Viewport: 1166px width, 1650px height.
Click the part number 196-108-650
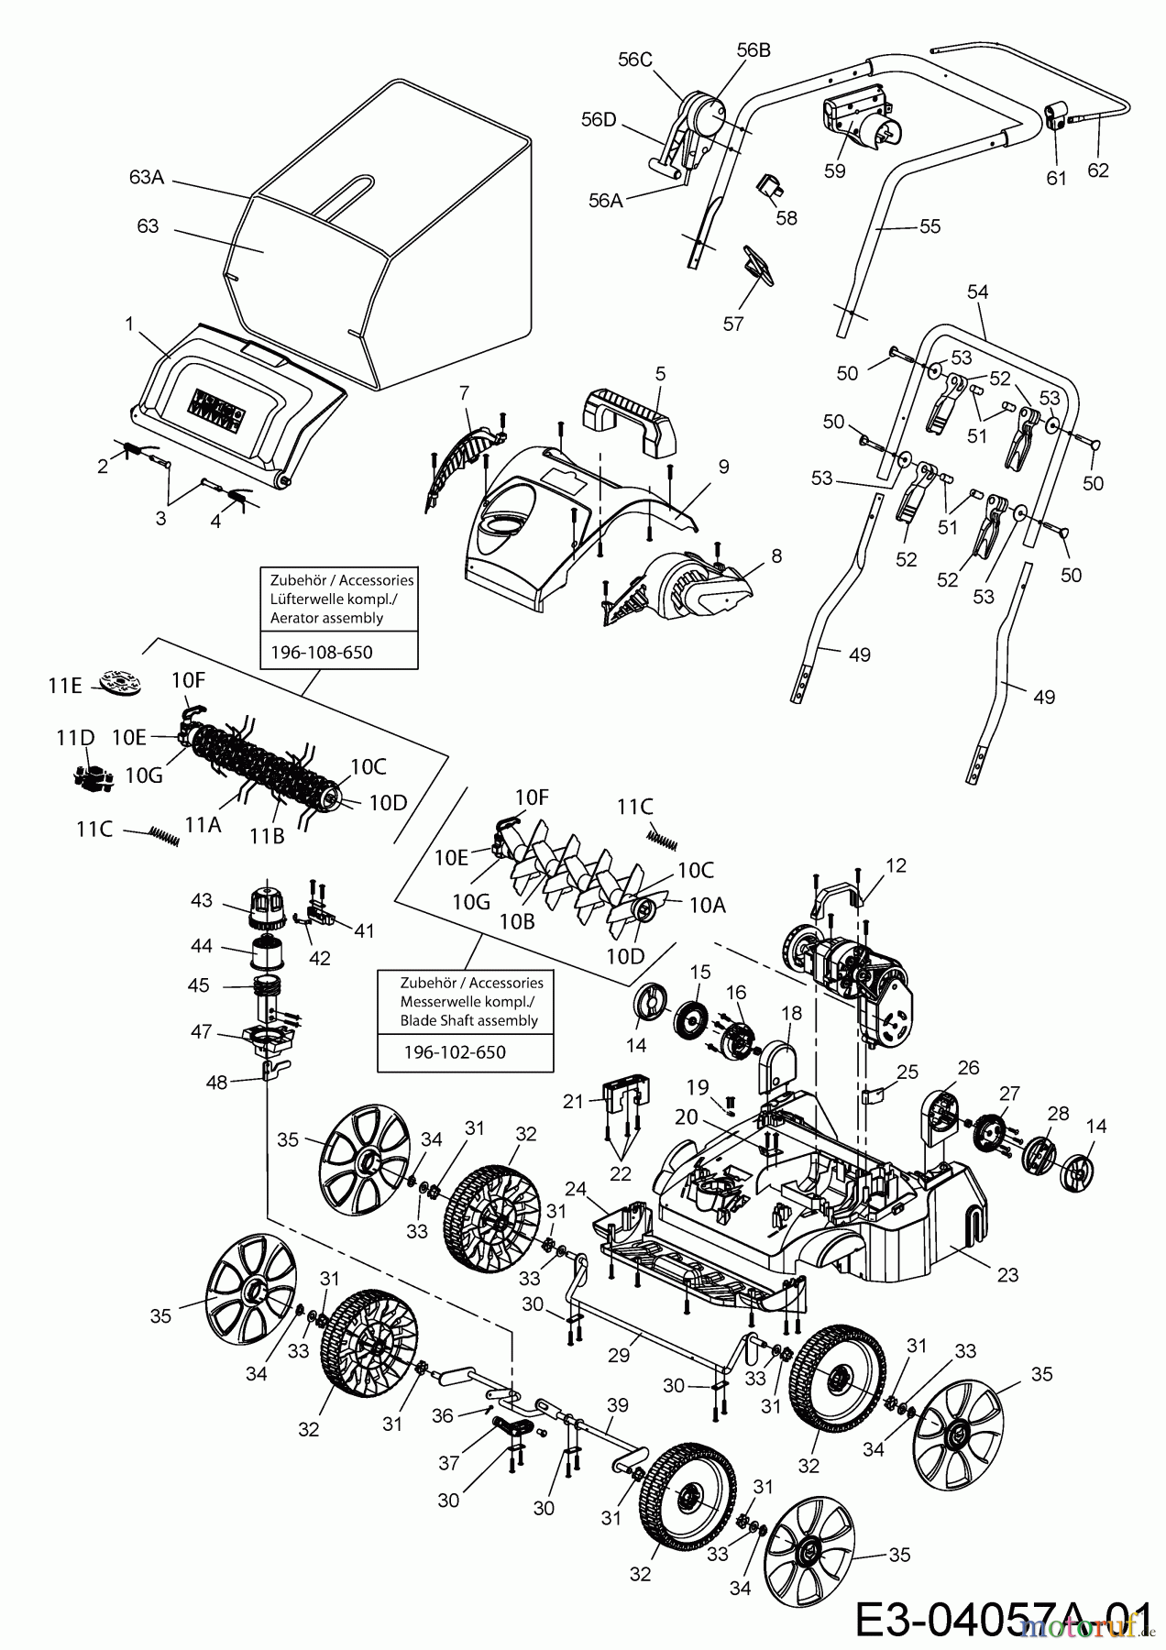tap(322, 653)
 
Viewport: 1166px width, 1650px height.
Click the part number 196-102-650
tap(454, 1052)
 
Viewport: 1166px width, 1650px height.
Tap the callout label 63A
tap(147, 177)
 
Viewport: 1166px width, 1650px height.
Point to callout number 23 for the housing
tap(1006, 1274)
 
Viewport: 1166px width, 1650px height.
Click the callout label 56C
tap(634, 60)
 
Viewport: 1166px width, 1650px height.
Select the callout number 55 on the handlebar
tap(929, 226)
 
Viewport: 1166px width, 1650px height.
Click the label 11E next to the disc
tap(64, 685)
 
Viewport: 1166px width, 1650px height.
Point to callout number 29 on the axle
tap(619, 1355)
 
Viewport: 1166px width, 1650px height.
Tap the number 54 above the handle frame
tap(978, 291)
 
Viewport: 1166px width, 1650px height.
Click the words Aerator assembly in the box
tap(326, 618)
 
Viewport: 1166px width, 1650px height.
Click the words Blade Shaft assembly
tap(468, 1020)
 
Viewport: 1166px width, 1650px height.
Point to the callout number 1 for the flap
tap(129, 323)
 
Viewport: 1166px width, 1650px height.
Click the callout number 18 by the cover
tap(791, 1013)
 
